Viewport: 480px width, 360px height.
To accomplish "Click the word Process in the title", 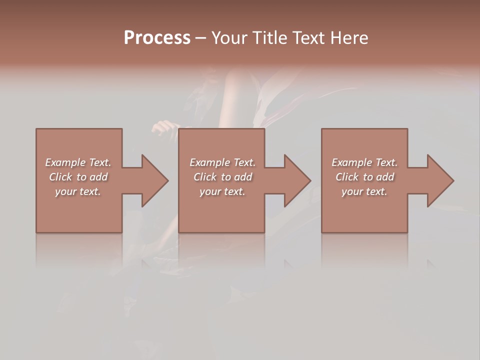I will coord(157,38).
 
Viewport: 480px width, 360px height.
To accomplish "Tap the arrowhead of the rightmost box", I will coord(440,180).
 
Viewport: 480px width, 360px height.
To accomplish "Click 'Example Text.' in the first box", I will coord(78,162).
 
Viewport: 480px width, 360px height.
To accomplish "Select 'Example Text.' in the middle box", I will coord(222,162).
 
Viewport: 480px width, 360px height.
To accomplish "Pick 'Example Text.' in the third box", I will coord(364,162).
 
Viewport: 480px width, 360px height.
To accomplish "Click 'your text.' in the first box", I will coord(78,191).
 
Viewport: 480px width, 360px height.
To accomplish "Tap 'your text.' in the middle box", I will coord(222,191).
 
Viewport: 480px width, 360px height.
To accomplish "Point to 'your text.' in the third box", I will coord(364,191).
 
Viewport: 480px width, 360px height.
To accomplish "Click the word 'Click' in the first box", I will coord(60,177).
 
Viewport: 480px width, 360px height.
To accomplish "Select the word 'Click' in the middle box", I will coord(205,177).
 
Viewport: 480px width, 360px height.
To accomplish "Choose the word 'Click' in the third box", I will coord(347,177).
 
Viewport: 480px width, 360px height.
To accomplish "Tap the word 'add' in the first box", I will coord(98,177).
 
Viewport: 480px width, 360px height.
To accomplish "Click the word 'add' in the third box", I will coord(385,177).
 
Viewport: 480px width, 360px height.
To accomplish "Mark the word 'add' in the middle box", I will coord(243,177).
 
